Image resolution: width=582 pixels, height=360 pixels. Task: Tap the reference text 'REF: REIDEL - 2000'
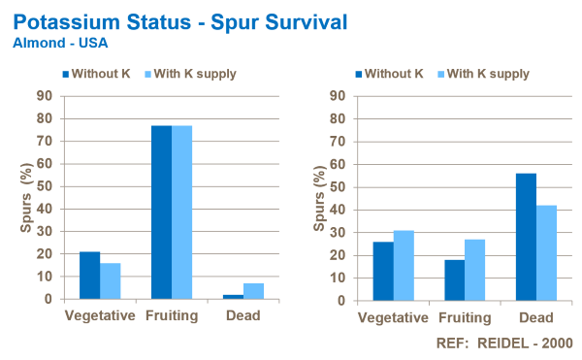[507, 343]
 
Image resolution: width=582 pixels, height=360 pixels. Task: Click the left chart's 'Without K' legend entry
[97, 74]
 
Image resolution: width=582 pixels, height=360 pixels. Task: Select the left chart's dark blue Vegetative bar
[89, 275]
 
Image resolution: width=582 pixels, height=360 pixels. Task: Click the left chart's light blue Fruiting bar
[182, 212]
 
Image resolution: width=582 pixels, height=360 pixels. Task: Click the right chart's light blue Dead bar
[547, 251]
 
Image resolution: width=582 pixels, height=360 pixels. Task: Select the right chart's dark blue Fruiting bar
[453, 278]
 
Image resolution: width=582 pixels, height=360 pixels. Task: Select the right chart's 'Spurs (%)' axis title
[319, 198]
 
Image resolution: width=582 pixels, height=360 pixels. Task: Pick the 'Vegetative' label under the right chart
[393, 317]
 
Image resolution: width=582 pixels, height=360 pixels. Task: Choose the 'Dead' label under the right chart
[535, 317]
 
